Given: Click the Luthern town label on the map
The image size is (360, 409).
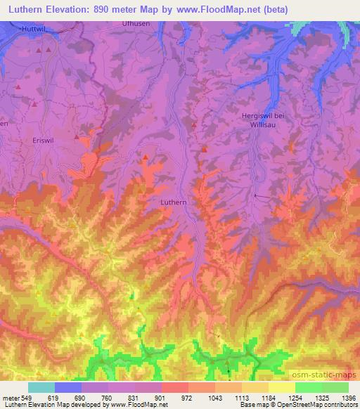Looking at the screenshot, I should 173,202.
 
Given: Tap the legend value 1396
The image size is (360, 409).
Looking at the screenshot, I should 349,397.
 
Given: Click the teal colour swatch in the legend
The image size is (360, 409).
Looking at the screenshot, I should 41,387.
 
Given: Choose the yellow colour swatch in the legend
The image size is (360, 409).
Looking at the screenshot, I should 281,387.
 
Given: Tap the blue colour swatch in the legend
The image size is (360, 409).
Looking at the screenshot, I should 68,387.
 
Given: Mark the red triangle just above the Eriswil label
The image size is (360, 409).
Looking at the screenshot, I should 77,129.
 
